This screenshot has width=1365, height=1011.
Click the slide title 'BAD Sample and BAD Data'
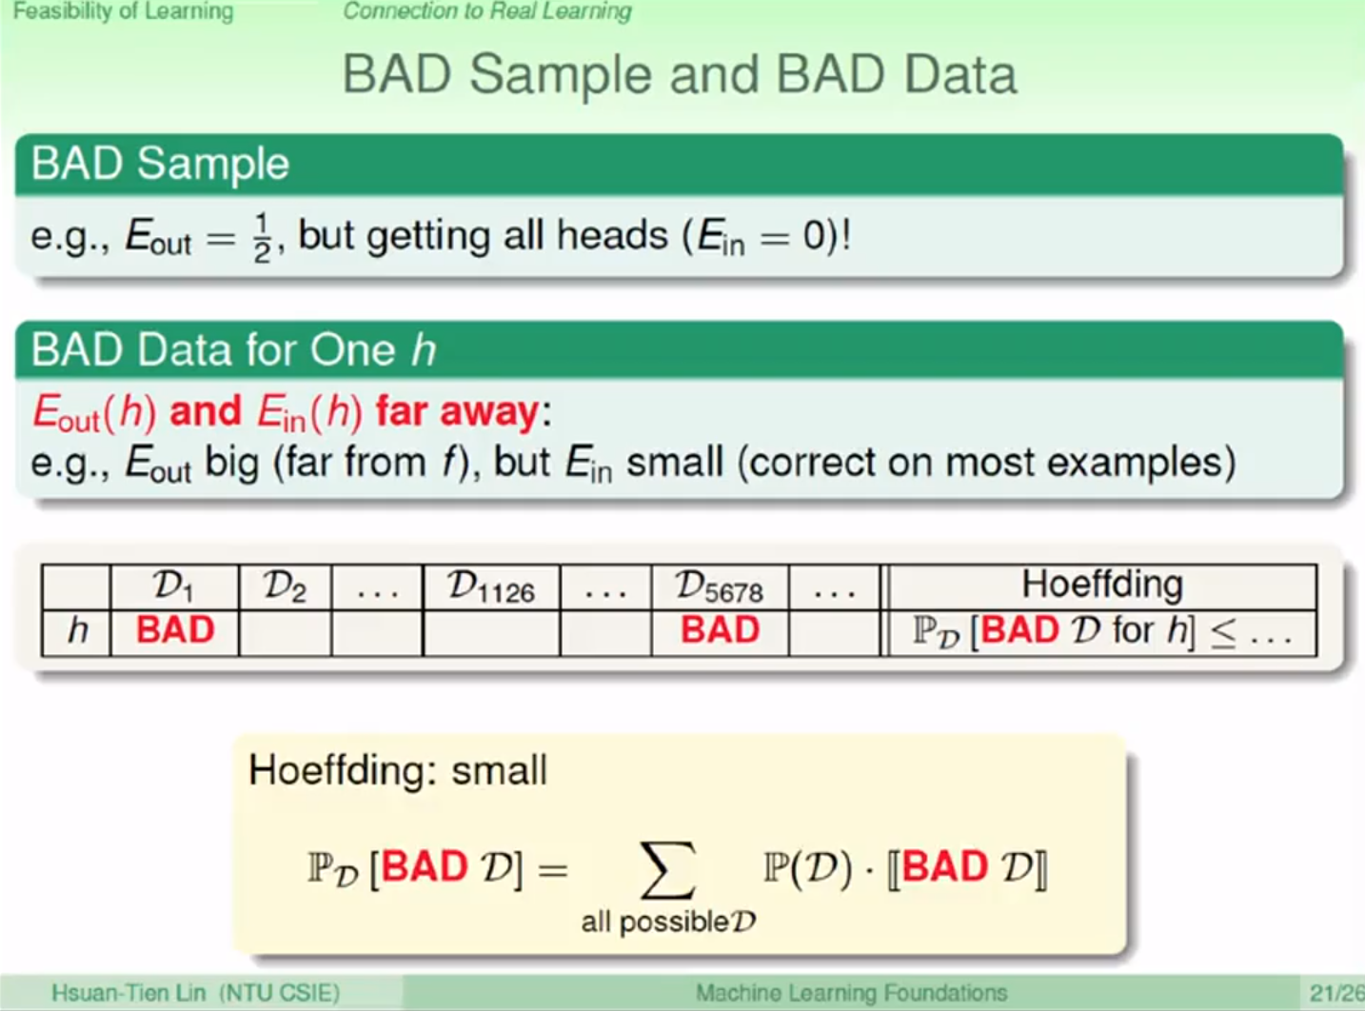coord(680,75)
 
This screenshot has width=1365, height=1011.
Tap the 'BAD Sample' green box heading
coord(160,164)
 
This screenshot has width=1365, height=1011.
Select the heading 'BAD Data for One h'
coord(234,349)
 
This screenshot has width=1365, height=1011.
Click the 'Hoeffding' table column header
coord(1102,584)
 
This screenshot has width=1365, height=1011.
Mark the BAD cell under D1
coord(175,630)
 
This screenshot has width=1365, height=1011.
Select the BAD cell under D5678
coord(720,630)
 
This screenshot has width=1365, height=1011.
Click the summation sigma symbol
coord(668,869)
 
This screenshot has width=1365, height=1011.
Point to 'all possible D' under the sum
coord(669,922)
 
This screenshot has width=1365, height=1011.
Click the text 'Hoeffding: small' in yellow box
coord(398,770)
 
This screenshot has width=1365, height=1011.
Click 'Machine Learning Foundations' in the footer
coord(851,993)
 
